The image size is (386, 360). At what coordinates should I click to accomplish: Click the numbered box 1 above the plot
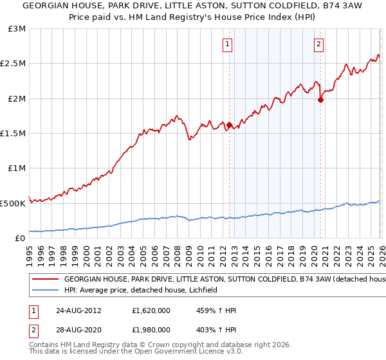pyautogui.click(x=228, y=44)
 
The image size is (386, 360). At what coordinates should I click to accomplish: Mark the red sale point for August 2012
pyautogui.click(x=228, y=125)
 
